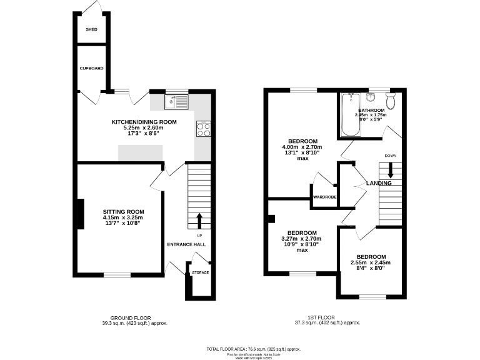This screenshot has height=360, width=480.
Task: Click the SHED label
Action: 91,29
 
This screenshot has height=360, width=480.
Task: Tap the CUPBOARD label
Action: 91,68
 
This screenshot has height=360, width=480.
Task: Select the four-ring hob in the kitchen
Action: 204,129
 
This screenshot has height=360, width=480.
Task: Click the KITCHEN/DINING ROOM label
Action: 144,122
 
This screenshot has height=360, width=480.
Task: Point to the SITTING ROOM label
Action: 123,212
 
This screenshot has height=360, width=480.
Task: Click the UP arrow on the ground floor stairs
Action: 200,220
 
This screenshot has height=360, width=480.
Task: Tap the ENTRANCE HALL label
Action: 186,245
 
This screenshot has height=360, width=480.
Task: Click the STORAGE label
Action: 200,272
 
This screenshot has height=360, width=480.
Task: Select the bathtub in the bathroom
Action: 349,116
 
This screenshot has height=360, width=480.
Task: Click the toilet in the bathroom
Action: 392,101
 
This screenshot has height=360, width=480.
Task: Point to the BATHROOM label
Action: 371,110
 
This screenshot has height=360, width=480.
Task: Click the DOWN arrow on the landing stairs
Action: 391,169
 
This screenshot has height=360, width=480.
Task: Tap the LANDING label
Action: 379,184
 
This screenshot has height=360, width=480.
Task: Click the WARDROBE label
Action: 325,197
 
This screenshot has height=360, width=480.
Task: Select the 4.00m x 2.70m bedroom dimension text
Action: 303,147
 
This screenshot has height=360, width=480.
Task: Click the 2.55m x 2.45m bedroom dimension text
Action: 371,262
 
